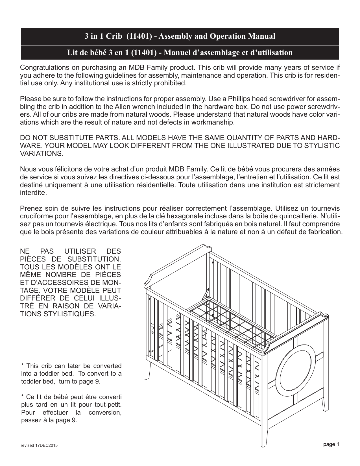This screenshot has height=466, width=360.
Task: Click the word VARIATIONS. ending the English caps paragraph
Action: [x=42, y=154]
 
